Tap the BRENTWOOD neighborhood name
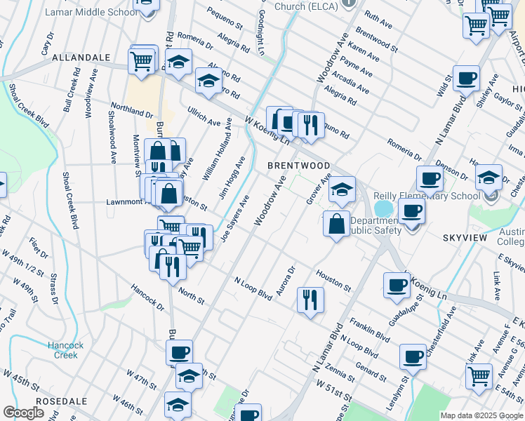pyautogui.click(x=298, y=166)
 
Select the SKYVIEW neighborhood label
pyautogui.click(x=465, y=239)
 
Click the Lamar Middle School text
pyautogui.click(x=79, y=13)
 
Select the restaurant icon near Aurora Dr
pyautogui.click(x=310, y=300)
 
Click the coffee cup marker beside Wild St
pyautogui.click(x=466, y=79)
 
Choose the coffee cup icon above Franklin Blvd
pyautogui.click(x=397, y=285)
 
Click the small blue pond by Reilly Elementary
pyautogui.click(x=383, y=209)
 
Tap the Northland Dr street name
pyautogui.click(x=131, y=112)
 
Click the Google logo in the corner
pyautogui.click(x=23, y=413)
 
